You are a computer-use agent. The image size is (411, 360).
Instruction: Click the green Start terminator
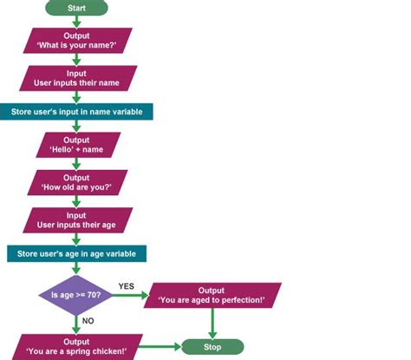(x=76, y=8)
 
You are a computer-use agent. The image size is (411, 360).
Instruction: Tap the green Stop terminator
(x=212, y=347)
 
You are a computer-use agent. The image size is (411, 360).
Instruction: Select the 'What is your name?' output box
(x=77, y=41)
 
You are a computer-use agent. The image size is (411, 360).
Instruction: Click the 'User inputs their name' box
(x=78, y=78)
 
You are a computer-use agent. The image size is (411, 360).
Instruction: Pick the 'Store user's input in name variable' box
(x=76, y=112)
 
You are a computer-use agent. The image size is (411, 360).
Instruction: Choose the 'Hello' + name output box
(x=78, y=145)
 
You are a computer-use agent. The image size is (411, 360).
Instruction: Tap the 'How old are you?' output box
(x=77, y=182)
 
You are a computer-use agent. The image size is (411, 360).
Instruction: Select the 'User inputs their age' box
(x=78, y=220)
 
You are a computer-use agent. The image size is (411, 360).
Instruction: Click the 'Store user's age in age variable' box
(x=76, y=253)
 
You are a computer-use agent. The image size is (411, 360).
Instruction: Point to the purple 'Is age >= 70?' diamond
(x=75, y=295)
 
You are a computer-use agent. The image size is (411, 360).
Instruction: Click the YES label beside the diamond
(x=127, y=286)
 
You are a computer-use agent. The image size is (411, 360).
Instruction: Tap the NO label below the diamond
(x=88, y=321)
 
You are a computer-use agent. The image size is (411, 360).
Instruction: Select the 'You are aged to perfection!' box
(x=212, y=295)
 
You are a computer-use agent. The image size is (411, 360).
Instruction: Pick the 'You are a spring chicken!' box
(x=77, y=347)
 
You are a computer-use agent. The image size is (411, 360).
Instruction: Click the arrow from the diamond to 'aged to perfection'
(x=130, y=295)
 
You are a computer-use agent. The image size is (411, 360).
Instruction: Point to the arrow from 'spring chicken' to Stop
(x=160, y=347)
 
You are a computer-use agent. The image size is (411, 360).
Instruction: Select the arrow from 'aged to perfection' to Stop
(x=212, y=324)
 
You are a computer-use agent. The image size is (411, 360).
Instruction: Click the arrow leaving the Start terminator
(x=76, y=22)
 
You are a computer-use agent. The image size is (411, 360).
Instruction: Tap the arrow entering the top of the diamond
(x=76, y=268)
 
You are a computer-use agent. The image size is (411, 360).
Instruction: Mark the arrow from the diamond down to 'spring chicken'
(x=76, y=324)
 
